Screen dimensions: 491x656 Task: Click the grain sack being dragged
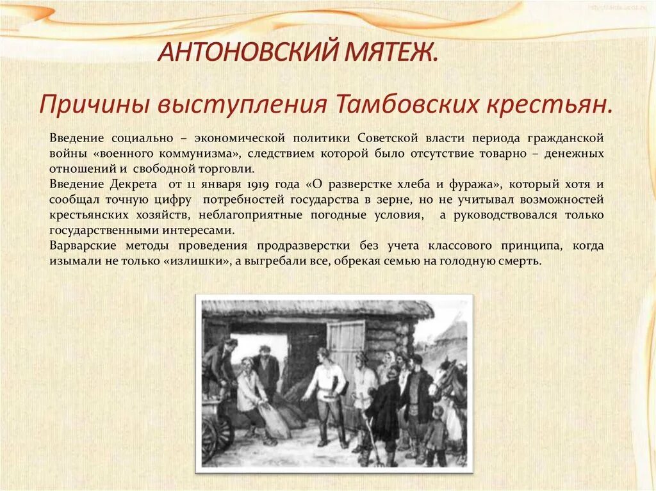point(274,421)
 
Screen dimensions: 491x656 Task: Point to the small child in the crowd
point(437,433)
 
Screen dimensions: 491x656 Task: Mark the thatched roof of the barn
point(317,309)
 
